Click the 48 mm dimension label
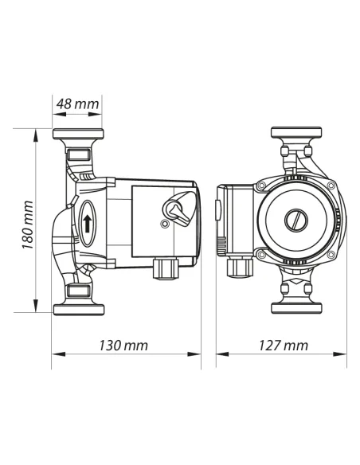(x=78, y=104)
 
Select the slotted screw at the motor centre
(x=295, y=219)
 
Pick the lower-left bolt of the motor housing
(x=260, y=255)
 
